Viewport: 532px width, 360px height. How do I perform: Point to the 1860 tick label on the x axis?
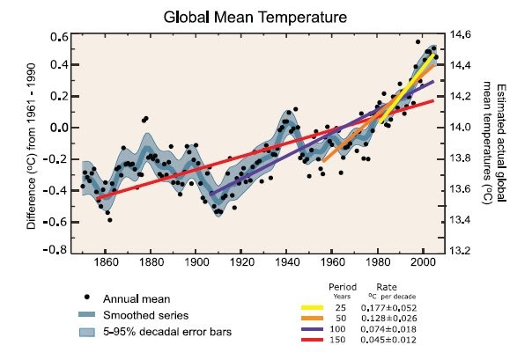[105, 261]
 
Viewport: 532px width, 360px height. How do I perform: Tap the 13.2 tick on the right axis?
[465, 251]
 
